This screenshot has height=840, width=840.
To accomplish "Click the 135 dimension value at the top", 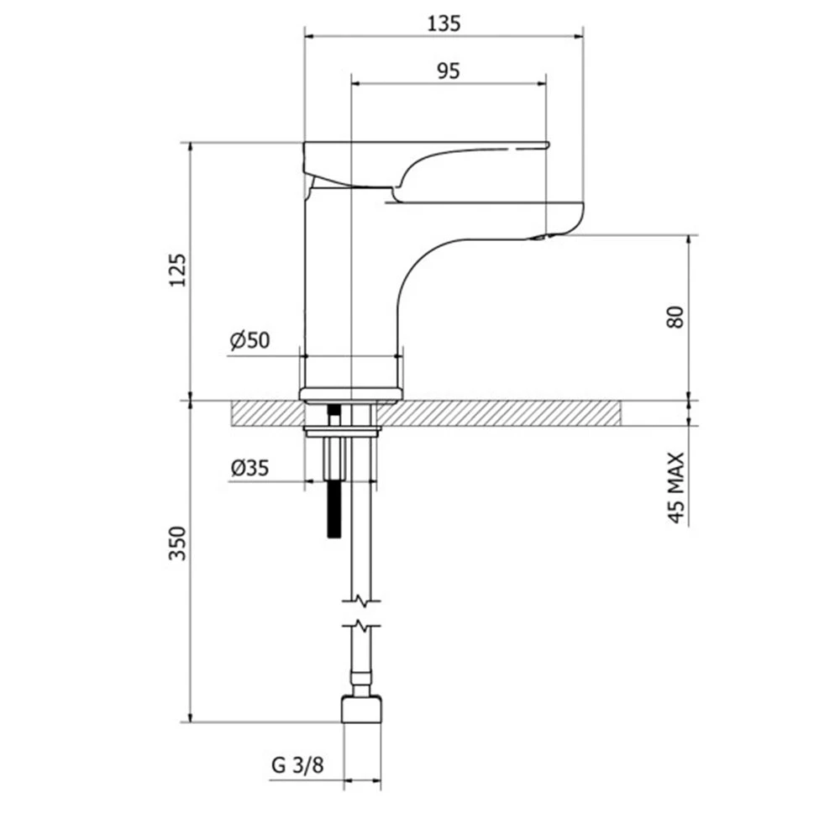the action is (x=444, y=24).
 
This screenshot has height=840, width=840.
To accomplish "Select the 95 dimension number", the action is (x=448, y=71).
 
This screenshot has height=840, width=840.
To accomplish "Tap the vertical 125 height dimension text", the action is (x=178, y=270).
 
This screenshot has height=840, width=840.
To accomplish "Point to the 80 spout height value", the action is (x=676, y=317).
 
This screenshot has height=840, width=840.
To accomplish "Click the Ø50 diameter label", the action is (x=249, y=340).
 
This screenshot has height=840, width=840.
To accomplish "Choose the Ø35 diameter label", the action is (x=249, y=468).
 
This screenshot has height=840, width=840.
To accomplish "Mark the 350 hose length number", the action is (x=178, y=543).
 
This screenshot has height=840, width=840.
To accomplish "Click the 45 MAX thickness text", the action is (x=676, y=487).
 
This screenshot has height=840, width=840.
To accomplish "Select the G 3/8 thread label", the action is (x=297, y=765).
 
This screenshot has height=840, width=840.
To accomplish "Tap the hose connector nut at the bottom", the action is (x=362, y=709).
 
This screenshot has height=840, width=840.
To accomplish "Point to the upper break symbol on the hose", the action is (x=363, y=601).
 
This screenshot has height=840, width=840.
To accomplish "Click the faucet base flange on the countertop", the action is (x=349, y=395).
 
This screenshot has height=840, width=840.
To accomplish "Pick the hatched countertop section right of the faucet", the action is (x=499, y=413).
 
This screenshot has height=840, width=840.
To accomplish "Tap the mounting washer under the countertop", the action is (x=342, y=429).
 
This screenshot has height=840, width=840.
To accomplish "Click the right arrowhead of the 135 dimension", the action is (x=579, y=36).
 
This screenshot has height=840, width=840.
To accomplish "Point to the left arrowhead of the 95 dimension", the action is (x=355, y=83).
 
